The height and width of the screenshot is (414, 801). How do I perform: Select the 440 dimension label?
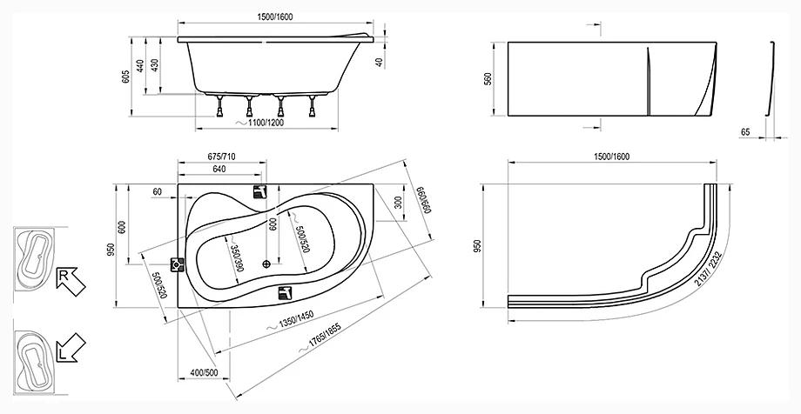[140, 65]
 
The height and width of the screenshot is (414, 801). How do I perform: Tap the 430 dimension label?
[155, 65]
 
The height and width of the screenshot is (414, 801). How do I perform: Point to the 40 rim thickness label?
[379, 63]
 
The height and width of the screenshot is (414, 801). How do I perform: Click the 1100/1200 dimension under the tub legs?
[263, 123]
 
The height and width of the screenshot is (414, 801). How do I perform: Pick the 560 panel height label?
[488, 79]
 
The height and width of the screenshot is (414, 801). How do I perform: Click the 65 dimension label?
[745, 132]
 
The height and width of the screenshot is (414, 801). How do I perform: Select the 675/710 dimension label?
[222, 157]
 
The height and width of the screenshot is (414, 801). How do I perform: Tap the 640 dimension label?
[219, 169]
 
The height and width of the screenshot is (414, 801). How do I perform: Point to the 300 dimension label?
[399, 204]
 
